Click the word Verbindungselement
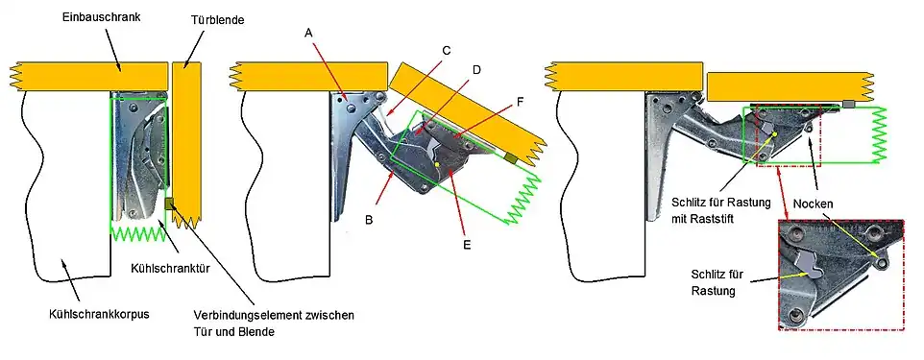(247, 315)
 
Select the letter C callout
(447, 48)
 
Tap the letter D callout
(476, 69)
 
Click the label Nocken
(814, 204)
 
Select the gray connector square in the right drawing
(848, 103)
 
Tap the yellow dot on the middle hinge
(438, 164)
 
